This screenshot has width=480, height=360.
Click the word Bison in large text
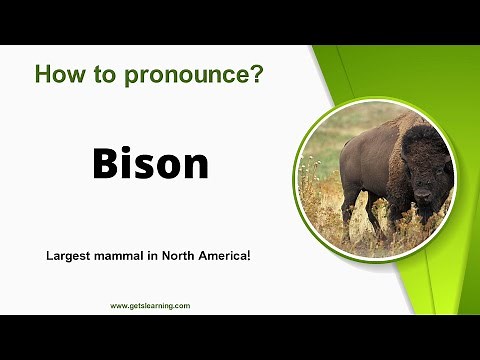click(x=151, y=163)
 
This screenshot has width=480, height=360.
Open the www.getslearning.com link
click(x=150, y=306)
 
